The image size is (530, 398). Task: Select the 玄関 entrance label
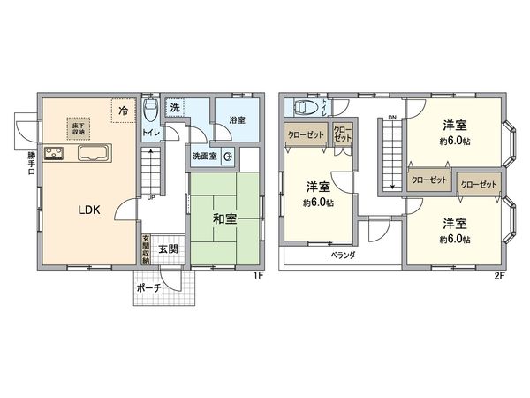pyautogui.click(x=168, y=249)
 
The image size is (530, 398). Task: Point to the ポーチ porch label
pyautogui.click(x=148, y=288)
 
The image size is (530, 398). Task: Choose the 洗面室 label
pyautogui.click(x=205, y=157)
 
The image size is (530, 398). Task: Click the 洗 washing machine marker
pyautogui.click(x=176, y=107)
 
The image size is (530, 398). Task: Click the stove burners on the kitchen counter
pyautogui.click(x=55, y=154)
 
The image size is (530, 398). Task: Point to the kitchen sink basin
pyautogui.click(x=93, y=154)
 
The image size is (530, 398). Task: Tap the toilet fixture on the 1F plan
pyautogui.click(x=151, y=112)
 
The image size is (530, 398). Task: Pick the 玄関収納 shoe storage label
pyautogui.click(x=147, y=249)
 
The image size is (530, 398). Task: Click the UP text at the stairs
pyautogui.click(x=152, y=196)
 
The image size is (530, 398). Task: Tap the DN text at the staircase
pyautogui.click(x=391, y=117)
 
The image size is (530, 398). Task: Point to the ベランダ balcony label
pyautogui.click(x=344, y=255)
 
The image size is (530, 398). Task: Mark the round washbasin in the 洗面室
pyautogui.click(x=228, y=158)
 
